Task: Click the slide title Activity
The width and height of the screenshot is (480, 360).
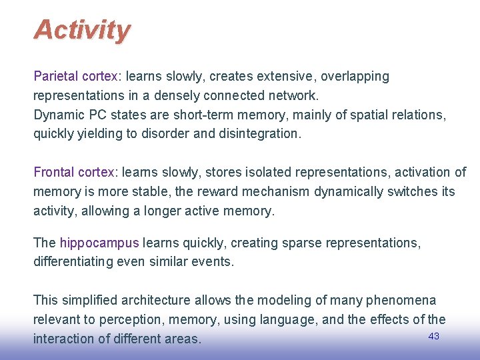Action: click(x=82, y=30)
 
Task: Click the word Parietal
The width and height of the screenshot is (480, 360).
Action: click(x=55, y=77)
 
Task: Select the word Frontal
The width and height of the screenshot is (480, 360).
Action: click(x=53, y=172)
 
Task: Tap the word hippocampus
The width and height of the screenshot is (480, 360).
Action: click(x=99, y=243)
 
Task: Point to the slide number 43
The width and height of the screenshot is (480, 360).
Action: click(x=433, y=336)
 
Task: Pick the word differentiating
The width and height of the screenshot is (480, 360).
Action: click(x=77, y=262)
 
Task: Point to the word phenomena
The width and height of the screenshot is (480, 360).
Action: click(x=404, y=301)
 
